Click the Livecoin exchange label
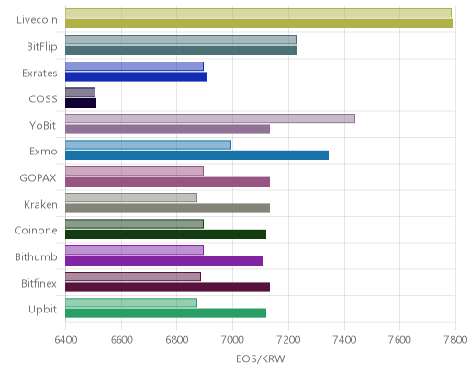pyautogui.click(x=37, y=20)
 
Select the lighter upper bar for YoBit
pyautogui.click(x=210, y=119)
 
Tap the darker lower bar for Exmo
pyautogui.click(x=196, y=155)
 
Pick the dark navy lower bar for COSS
pyautogui.click(x=81, y=103)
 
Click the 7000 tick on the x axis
pyautogui.click(x=232, y=340)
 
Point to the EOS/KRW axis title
pyautogui.click(x=261, y=358)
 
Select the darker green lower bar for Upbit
pyautogui.click(x=165, y=313)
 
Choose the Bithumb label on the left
pyautogui.click(x=36, y=256)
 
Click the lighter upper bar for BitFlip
pyautogui.click(x=181, y=40)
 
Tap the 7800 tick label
pyautogui.click(x=455, y=340)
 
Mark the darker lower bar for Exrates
pyautogui.click(x=136, y=76)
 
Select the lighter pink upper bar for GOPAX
pyautogui.click(x=134, y=171)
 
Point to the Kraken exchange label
pyautogui.click(x=40, y=204)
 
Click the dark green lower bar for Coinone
pyautogui.click(x=165, y=234)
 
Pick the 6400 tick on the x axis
pyautogui.click(x=65, y=340)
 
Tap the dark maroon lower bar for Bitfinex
pyautogui.click(x=167, y=288)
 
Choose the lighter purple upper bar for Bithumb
pyautogui.click(x=134, y=250)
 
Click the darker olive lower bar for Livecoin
pyautogui.click(x=259, y=24)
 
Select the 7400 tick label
pyautogui.click(x=344, y=340)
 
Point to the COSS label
pyautogui.click(x=43, y=99)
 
